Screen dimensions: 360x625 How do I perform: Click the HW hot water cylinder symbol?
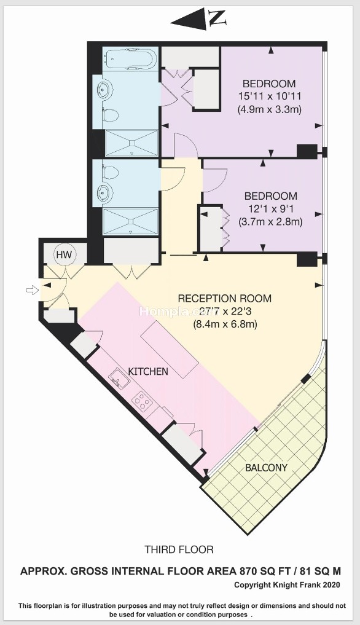[64, 254]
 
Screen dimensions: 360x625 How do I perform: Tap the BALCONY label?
[266, 467]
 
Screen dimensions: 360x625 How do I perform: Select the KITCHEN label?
[148, 371]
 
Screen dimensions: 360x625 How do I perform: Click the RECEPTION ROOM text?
[224, 298]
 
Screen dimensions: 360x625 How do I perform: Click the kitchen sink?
[120, 377]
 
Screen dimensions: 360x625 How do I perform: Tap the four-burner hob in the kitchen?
[143, 401]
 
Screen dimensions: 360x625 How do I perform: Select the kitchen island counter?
[170, 350]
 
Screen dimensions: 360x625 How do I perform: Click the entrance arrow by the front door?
[31, 291]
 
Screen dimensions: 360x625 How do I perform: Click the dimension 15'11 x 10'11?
[270, 96]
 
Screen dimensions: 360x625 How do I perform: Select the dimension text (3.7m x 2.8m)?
[270, 221]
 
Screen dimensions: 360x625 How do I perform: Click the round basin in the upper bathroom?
[104, 90]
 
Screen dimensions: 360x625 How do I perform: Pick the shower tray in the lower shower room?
[130, 221]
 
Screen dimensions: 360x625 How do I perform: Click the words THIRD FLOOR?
[179, 549]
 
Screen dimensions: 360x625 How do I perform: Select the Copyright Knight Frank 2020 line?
[287, 584]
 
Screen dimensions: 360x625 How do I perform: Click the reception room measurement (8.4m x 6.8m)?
[225, 324]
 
